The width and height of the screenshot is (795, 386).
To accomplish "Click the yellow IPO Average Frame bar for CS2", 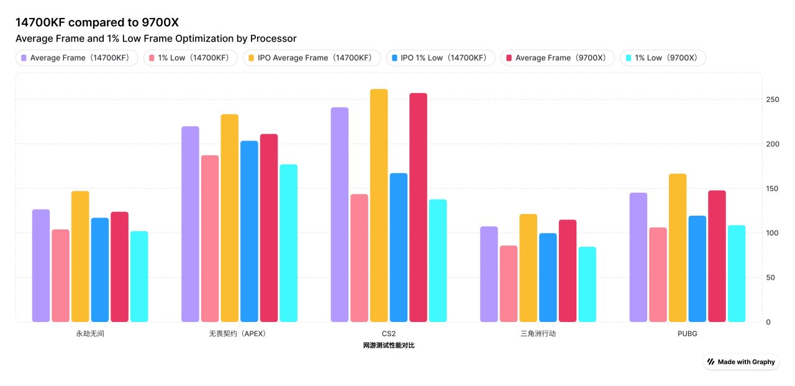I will [x=379, y=205].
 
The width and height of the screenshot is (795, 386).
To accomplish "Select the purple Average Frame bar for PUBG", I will [x=638, y=257].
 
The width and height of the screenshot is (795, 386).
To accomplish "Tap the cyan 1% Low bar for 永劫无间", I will [x=139, y=277].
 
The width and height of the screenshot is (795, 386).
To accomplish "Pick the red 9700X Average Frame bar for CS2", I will [x=418, y=208].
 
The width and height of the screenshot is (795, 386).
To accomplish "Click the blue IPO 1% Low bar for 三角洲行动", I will [x=548, y=277].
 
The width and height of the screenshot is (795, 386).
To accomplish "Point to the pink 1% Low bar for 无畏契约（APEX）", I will [x=210, y=239].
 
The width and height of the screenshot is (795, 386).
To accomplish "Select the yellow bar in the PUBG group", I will [x=678, y=248].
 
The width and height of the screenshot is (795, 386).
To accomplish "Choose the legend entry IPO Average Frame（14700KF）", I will [x=310, y=58].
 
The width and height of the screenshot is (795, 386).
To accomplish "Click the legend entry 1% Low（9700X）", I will [x=663, y=58].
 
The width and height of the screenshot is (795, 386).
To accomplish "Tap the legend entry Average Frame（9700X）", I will [x=556, y=58].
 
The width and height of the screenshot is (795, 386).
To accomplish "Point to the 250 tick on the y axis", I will [x=772, y=99].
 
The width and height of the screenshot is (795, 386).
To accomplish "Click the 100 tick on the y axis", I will [x=772, y=233].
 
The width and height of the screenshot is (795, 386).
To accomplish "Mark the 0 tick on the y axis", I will [x=768, y=322].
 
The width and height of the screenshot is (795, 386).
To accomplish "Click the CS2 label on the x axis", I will [x=388, y=334].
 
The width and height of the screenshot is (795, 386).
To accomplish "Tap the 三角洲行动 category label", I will [x=538, y=334].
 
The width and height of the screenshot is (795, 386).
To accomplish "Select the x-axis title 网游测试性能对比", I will [x=388, y=345].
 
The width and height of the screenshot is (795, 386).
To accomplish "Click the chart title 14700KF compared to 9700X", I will [x=97, y=22].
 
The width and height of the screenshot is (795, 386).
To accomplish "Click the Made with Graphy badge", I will [x=741, y=362].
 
